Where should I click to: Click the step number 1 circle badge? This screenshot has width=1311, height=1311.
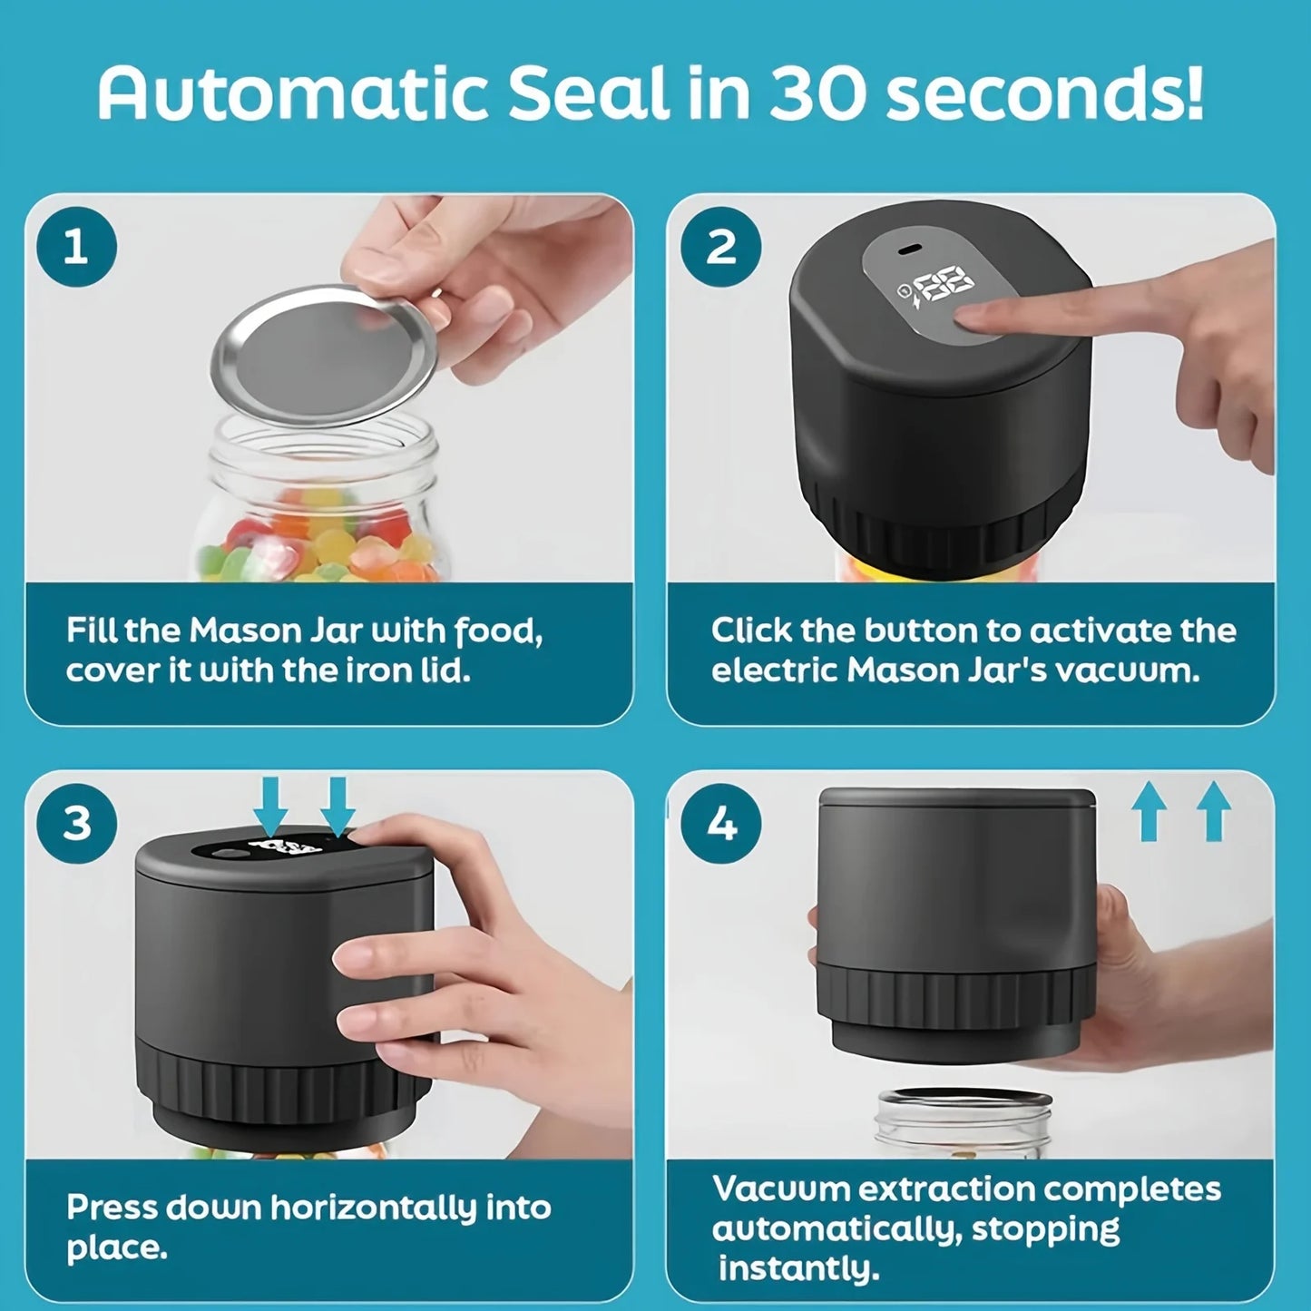76,247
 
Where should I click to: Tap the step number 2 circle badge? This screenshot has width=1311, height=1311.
720,247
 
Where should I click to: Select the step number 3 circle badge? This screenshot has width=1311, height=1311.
76,824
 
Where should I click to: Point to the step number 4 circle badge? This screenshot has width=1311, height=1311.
720,824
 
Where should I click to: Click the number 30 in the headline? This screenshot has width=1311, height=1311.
816,93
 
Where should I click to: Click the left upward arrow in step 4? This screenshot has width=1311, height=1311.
1149,812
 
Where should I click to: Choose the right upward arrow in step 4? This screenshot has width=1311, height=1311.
1214,812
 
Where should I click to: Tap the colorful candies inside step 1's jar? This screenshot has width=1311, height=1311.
318,540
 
